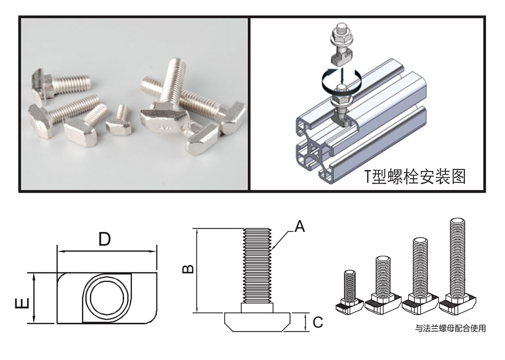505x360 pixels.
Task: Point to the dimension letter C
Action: click(x=317, y=323)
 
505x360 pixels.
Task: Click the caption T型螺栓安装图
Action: click(x=415, y=176)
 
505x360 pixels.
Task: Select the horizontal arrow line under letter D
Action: click(x=106, y=251)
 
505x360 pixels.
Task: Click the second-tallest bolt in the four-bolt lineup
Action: click(x=419, y=274)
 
